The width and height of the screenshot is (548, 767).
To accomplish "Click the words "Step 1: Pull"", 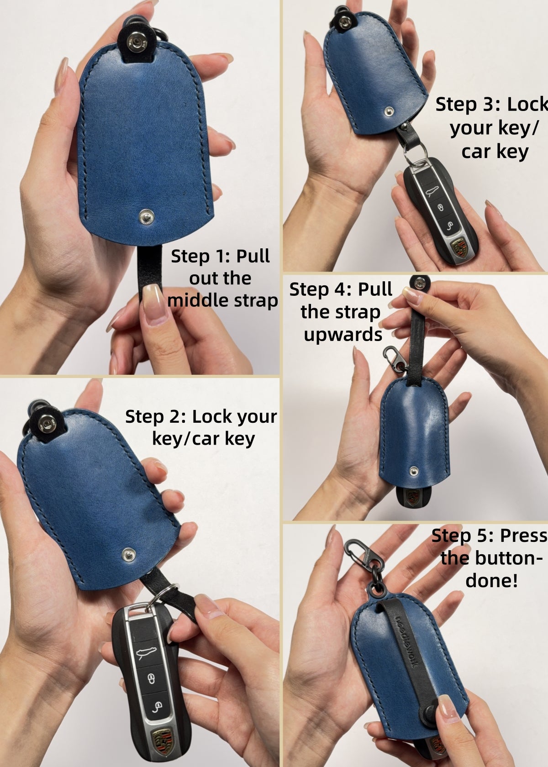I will tap(220, 256).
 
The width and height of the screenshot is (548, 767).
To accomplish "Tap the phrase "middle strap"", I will tap(222, 301).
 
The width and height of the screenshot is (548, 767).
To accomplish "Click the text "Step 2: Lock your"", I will tap(201, 416).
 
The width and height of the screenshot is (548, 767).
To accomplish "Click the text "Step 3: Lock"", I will tap(491, 105).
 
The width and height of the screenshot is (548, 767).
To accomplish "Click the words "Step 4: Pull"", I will tap(341, 289).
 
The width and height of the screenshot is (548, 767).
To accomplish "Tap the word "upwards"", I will tap(343, 335).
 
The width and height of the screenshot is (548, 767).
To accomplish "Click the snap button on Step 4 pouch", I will tap(415, 469).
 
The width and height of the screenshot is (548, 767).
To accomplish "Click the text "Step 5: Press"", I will tap(489, 535).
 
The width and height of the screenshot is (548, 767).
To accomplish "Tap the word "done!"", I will tap(491, 581).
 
